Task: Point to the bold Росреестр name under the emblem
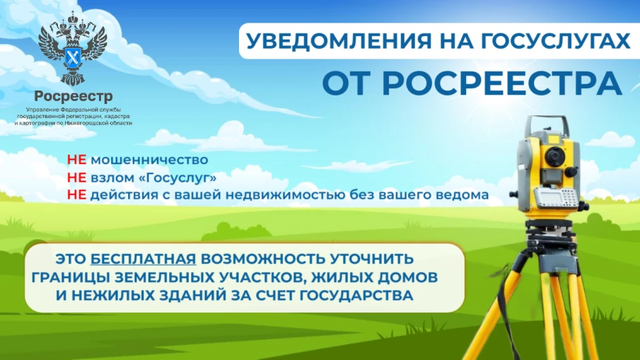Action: tap(73, 96)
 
